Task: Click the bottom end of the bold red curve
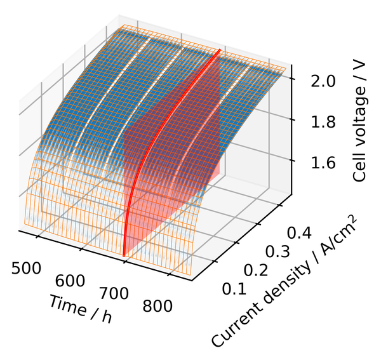coord(124,255)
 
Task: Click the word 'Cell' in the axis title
coord(360,167)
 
